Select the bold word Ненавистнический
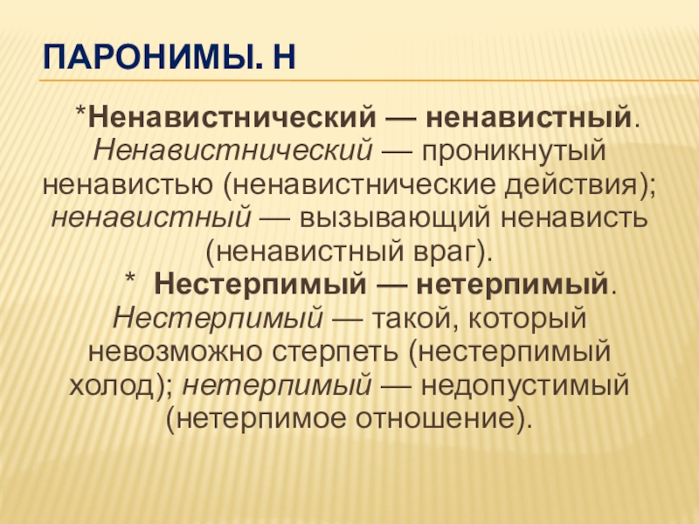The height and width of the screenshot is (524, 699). click(x=232, y=117)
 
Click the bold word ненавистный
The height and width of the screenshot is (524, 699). click(x=529, y=117)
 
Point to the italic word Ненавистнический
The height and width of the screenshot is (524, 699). click(x=232, y=150)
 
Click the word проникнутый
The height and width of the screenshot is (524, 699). click(x=514, y=151)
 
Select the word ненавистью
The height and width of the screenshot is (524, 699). click(x=128, y=184)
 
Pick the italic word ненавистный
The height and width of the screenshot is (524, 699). click(x=151, y=217)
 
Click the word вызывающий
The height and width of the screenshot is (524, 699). click(x=395, y=217)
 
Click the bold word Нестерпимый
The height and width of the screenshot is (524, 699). click(x=260, y=285)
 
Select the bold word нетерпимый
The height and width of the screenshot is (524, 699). click(x=512, y=286)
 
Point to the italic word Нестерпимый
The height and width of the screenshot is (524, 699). click(x=218, y=319)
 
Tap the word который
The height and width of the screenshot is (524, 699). click(x=528, y=319)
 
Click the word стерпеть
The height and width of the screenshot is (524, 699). click(x=336, y=352)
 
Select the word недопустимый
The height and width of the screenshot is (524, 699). click(x=525, y=385)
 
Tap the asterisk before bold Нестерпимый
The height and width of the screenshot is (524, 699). click(x=129, y=279)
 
